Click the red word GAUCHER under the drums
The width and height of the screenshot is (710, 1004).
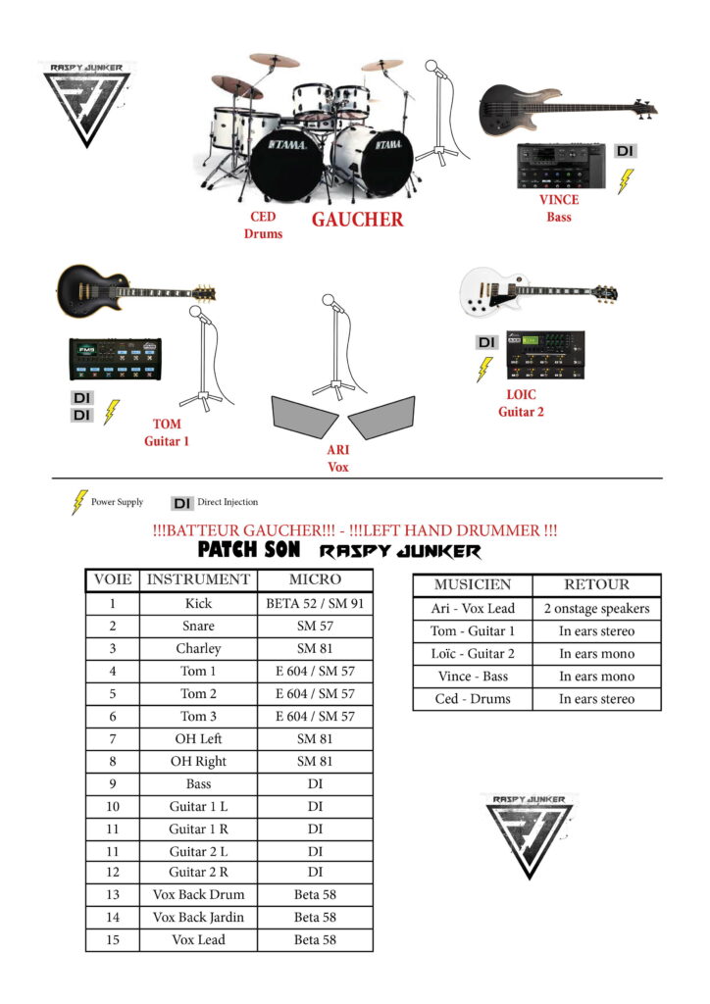(357, 220)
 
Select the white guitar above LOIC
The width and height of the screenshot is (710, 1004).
(537, 291)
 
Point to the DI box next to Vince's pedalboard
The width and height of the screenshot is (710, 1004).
(625, 151)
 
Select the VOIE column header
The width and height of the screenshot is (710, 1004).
(112, 579)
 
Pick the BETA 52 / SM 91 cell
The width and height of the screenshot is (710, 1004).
(315, 604)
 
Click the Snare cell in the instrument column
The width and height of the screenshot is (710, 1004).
(198, 626)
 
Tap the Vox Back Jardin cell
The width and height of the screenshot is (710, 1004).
(198, 918)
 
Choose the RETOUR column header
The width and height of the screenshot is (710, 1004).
(596, 584)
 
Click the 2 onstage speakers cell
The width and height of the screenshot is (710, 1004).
(596, 609)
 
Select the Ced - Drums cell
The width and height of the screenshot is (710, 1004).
(472, 699)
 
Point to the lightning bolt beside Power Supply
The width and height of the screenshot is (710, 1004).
(79, 502)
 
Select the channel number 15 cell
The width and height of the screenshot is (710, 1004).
(112, 940)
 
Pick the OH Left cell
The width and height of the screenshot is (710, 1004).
(198, 738)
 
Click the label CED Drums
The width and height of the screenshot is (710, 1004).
(263, 225)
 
